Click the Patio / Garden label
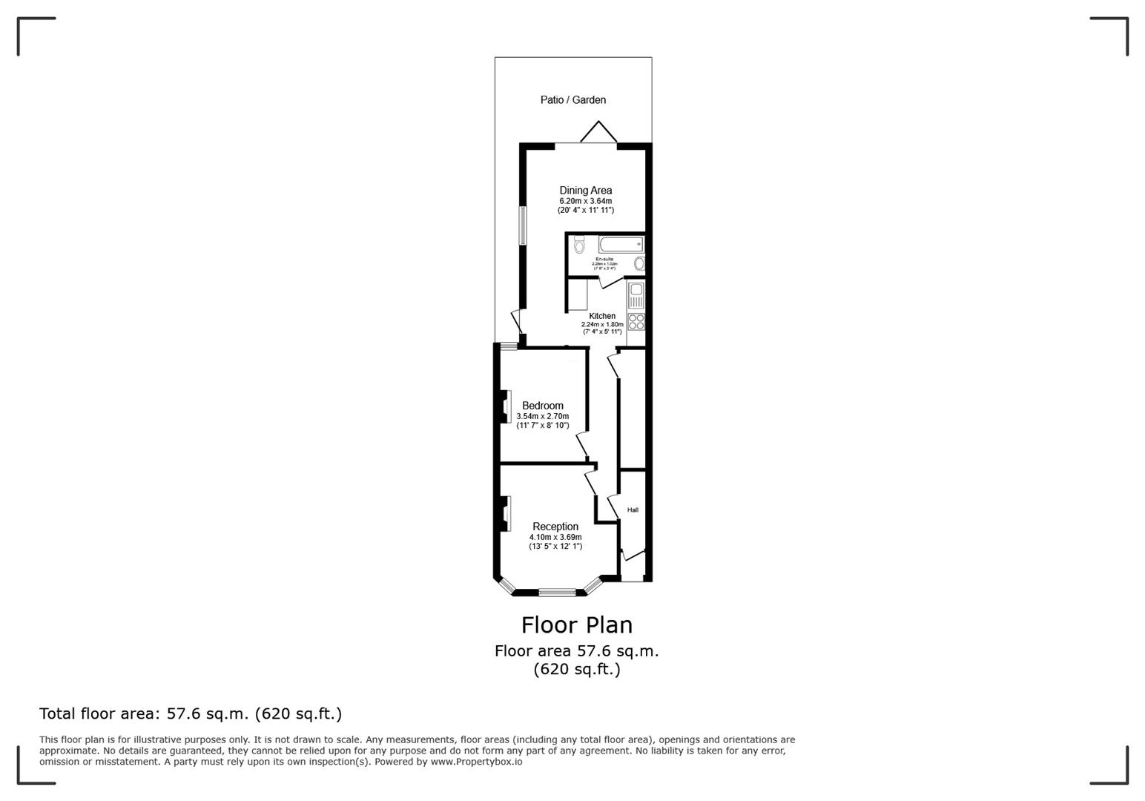[572, 99]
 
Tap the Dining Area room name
[585, 191]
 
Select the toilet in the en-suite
[579, 244]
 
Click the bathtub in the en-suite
[621, 244]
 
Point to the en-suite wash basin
[639, 263]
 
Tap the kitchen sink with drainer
[636, 295]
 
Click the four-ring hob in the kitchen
[636, 322]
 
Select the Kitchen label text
[601, 316]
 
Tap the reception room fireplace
[506, 514]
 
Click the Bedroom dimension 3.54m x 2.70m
[542, 416]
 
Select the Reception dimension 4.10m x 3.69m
[555, 537]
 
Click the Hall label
[633, 510]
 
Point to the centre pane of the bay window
[557, 592]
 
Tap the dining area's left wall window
[522, 226]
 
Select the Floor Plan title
[576, 625]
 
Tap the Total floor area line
[191, 713]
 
